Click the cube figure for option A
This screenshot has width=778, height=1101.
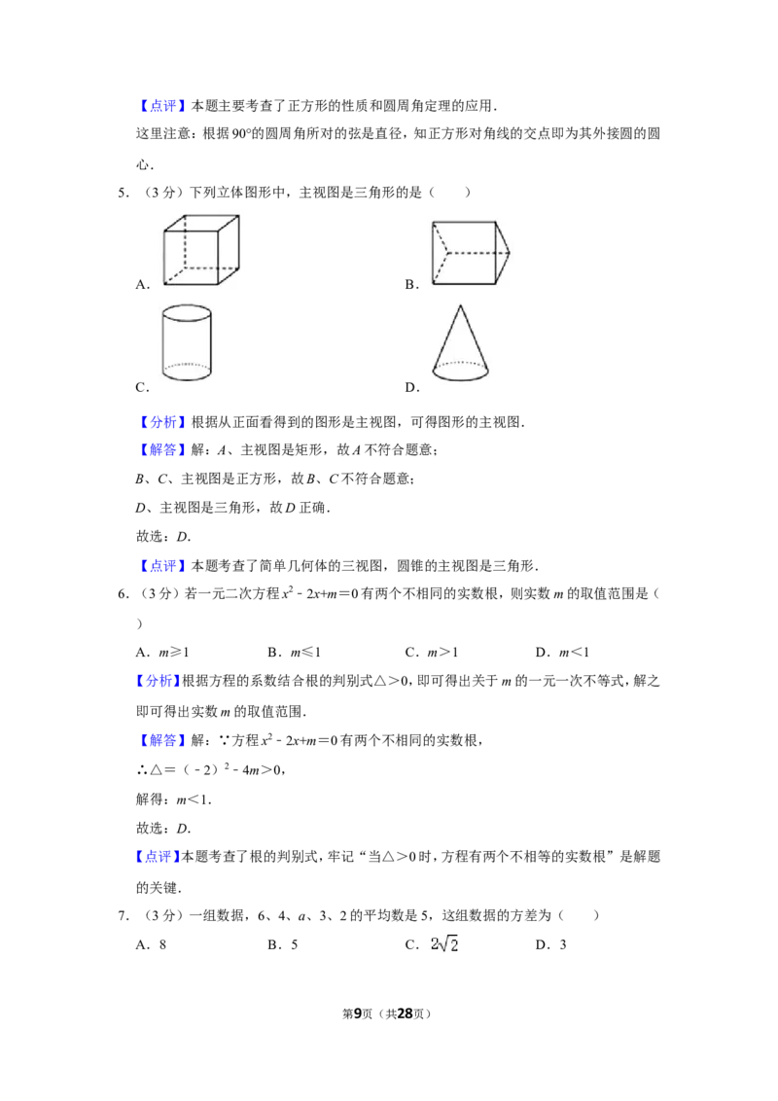pos(201,250)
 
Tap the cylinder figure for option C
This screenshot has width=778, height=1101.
pos(187,342)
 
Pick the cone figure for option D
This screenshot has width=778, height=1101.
pos(461,342)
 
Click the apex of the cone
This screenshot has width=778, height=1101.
pos(461,305)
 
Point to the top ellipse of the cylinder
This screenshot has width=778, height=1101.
pos(187,313)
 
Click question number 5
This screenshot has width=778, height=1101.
pos(123,193)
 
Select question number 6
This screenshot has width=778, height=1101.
pos(123,594)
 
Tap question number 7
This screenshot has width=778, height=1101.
pos(123,915)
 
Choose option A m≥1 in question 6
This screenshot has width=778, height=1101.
pos(163,653)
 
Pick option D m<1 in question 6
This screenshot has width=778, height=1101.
pos(562,653)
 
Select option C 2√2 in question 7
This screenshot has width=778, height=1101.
pos(432,944)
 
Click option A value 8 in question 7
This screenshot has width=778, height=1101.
pos(151,945)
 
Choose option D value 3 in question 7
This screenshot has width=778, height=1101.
pos(551,945)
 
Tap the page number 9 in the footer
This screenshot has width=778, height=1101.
pos(358,1013)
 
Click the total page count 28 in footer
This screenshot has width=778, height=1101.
pos(406,1013)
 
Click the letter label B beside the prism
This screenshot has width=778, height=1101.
pos(411,284)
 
